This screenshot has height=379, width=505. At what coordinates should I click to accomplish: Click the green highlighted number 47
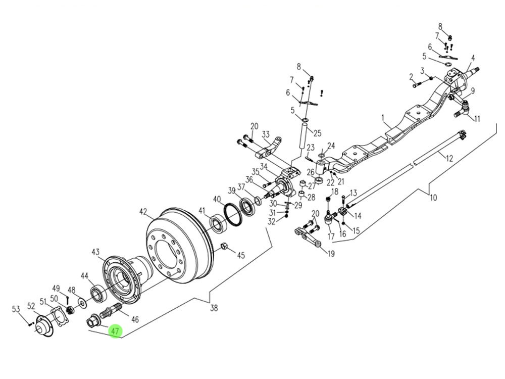pyautogui.click(x=115, y=331)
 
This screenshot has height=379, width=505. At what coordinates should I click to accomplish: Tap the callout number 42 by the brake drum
pyautogui.click(x=144, y=212)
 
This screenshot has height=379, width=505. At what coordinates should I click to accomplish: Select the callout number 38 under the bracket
pyautogui.click(x=214, y=308)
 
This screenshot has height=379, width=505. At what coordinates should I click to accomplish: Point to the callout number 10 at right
pyautogui.click(x=433, y=198)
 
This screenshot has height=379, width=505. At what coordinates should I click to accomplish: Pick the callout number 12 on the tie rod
pyautogui.click(x=449, y=158)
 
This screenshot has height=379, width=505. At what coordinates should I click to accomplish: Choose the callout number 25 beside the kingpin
pyautogui.click(x=317, y=133)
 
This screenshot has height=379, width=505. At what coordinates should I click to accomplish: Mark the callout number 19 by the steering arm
pyautogui.click(x=330, y=254)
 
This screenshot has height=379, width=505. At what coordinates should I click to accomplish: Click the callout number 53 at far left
pyautogui.click(x=16, y=309)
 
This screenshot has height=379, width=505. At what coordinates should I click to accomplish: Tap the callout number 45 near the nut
pyautogui.click(x=241, y=256)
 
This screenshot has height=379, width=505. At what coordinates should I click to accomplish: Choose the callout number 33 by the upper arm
pyautogui.click(x=266, y=135)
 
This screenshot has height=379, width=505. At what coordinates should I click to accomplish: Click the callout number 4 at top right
pyautogui.click(x=473, y=58)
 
